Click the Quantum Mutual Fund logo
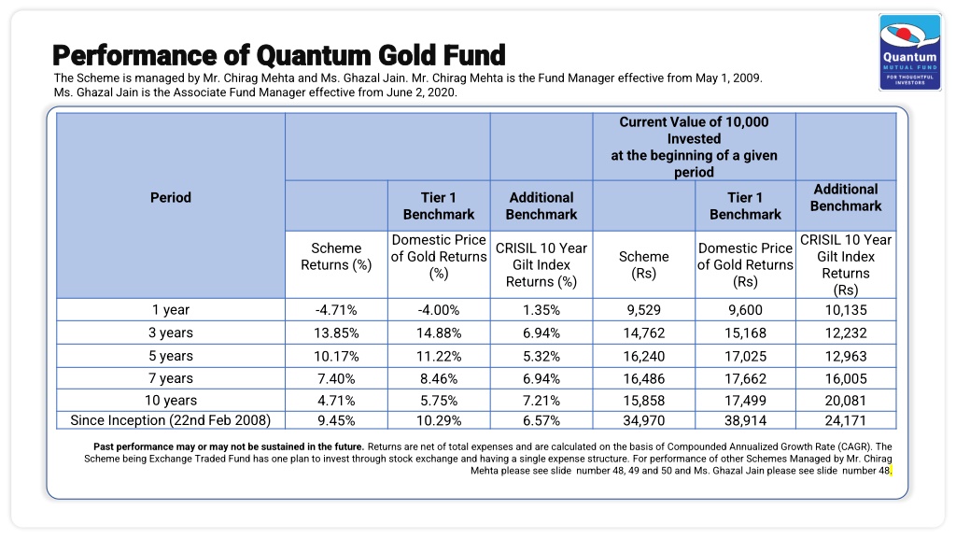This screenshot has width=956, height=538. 909,52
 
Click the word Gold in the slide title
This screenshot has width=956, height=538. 407,55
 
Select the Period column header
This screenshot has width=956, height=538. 171,198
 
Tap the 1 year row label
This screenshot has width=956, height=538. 171,310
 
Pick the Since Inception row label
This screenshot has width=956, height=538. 171,420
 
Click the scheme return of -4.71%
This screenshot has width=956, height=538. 336,310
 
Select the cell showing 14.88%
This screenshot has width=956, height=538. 439,333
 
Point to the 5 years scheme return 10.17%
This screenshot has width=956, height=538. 336,356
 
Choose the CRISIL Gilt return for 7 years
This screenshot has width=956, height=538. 541,379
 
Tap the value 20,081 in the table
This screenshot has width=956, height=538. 846,401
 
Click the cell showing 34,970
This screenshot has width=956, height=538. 644,420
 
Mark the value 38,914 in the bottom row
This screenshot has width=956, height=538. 746,420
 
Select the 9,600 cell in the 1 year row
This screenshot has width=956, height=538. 746,310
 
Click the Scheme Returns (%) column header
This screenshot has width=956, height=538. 336,257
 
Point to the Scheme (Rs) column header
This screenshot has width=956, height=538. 644,264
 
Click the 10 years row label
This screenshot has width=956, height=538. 171,401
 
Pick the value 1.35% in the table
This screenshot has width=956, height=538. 541,310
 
